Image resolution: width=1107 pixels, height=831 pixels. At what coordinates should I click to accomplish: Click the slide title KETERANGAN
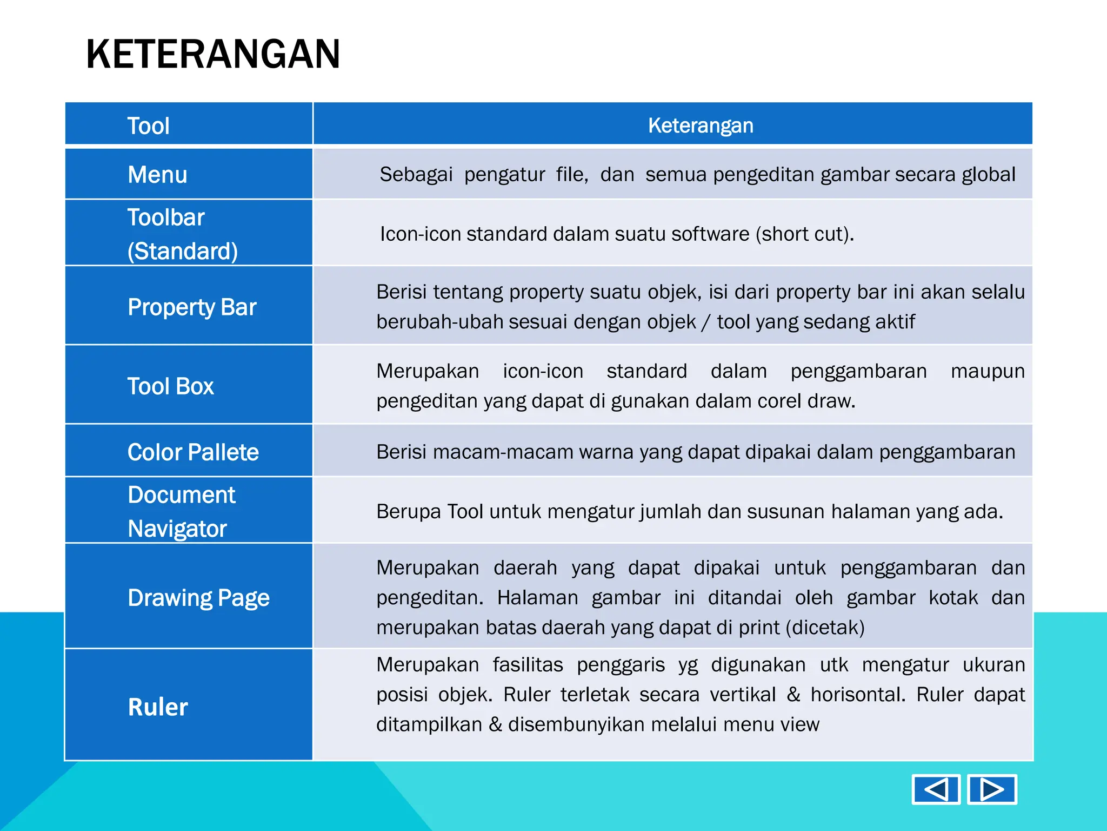(213, 55)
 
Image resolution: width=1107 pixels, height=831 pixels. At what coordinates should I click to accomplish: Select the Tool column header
(148, 126)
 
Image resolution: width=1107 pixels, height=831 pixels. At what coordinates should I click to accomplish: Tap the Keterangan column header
(700, 126)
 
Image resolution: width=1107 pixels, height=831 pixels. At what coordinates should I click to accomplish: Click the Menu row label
(157, 175)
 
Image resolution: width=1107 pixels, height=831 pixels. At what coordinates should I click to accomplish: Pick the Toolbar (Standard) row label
(182, 234)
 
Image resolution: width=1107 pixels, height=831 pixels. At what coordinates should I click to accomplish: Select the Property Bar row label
(192, 307)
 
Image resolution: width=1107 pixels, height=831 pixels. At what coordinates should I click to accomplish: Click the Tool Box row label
(170, 386)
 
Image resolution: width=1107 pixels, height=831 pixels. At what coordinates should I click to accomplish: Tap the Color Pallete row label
(193, 452)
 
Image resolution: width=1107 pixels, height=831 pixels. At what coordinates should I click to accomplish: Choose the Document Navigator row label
(181, 511)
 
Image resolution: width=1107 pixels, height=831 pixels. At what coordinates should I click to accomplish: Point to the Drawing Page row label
(198, 598)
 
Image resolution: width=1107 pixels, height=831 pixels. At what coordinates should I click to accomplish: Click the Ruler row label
(158, 707)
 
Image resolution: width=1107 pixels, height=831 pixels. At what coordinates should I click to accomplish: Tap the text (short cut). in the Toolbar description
(804, 234)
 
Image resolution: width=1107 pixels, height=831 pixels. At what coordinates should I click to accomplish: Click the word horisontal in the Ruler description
(857, 695)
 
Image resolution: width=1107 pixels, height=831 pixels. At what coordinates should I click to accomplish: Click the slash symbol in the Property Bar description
(705, 322)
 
